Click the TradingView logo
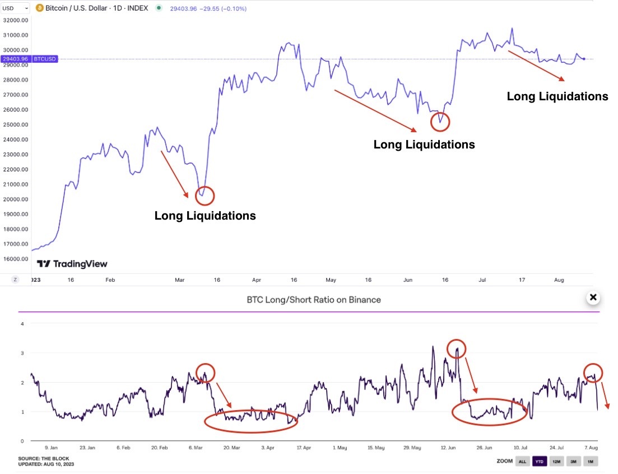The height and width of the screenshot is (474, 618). point(72,264)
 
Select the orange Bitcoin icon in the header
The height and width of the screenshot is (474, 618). point(40,8)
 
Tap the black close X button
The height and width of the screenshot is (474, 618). point(593,298)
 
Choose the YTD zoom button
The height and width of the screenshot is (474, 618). point(539,461)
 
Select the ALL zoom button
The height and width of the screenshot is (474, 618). point(522,461)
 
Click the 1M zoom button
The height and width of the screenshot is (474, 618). point(591,461)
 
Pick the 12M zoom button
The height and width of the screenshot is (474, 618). point(556,461)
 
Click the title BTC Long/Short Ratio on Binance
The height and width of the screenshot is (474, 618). point(314,300)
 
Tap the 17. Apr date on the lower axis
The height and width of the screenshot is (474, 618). point(304,448)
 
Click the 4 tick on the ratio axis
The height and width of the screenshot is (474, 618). point(22,324)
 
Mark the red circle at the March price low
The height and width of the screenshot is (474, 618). point(205,196)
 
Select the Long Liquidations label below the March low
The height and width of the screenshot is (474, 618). point(205,216)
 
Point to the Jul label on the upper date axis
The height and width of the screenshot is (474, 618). point(482,279)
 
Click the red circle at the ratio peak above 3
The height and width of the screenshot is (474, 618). point(457,348)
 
